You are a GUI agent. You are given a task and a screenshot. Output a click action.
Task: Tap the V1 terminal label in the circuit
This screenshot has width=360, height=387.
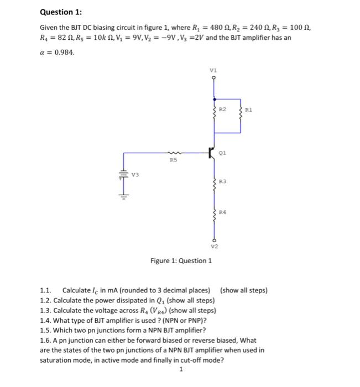(213, 70)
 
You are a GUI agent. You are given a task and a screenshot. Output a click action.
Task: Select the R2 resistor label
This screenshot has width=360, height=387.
(223, 110)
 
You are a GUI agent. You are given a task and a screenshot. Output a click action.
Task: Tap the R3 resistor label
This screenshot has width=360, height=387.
(223, 180)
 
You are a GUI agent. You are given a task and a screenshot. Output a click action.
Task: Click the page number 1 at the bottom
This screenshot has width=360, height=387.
(181, 370)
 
